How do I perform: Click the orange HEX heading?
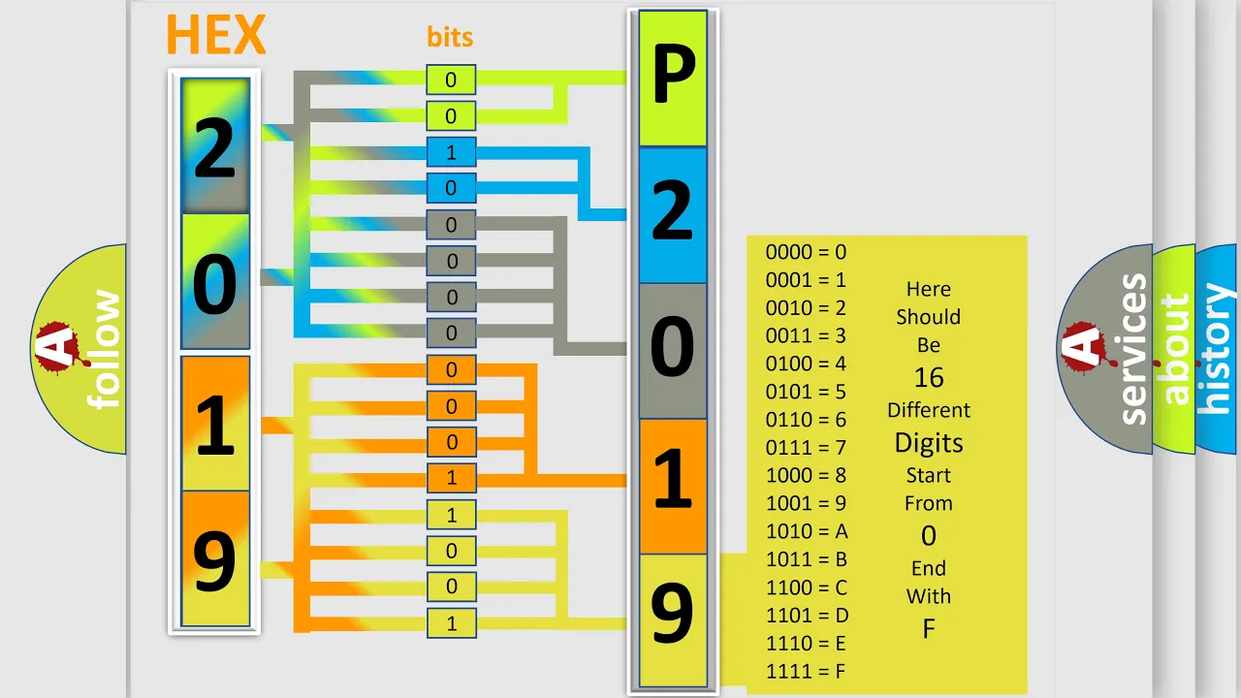click(x=216, y=34)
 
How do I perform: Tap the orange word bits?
click(x=450, y=38)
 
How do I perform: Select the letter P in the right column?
click(x=674, y=75)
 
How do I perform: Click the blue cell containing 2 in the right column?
click(x=673, y=215)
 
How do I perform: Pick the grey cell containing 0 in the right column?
click(x=673, y=351)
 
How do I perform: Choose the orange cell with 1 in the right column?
click(x=673, y=487)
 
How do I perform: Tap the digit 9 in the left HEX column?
click(x=214, y=561)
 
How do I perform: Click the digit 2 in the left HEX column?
click(x=215, y=148)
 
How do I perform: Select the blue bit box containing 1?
click(x=451, y=152)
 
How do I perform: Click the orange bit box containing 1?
click(x=451, y=478)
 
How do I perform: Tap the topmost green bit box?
click(x=451, y=79)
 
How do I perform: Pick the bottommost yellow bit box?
click(x=451, y=623)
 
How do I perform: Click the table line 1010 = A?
click(x=807, y=532)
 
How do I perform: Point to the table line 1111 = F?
click(x=806, y=672)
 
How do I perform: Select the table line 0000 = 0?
click(x=806, y=252)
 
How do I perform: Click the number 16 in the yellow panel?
click(x=929, y=378)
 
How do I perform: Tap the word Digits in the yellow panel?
click(x=929, y=444)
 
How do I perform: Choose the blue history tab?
click(x=1218, y=349)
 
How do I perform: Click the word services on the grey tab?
click(x=1133, y=349)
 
